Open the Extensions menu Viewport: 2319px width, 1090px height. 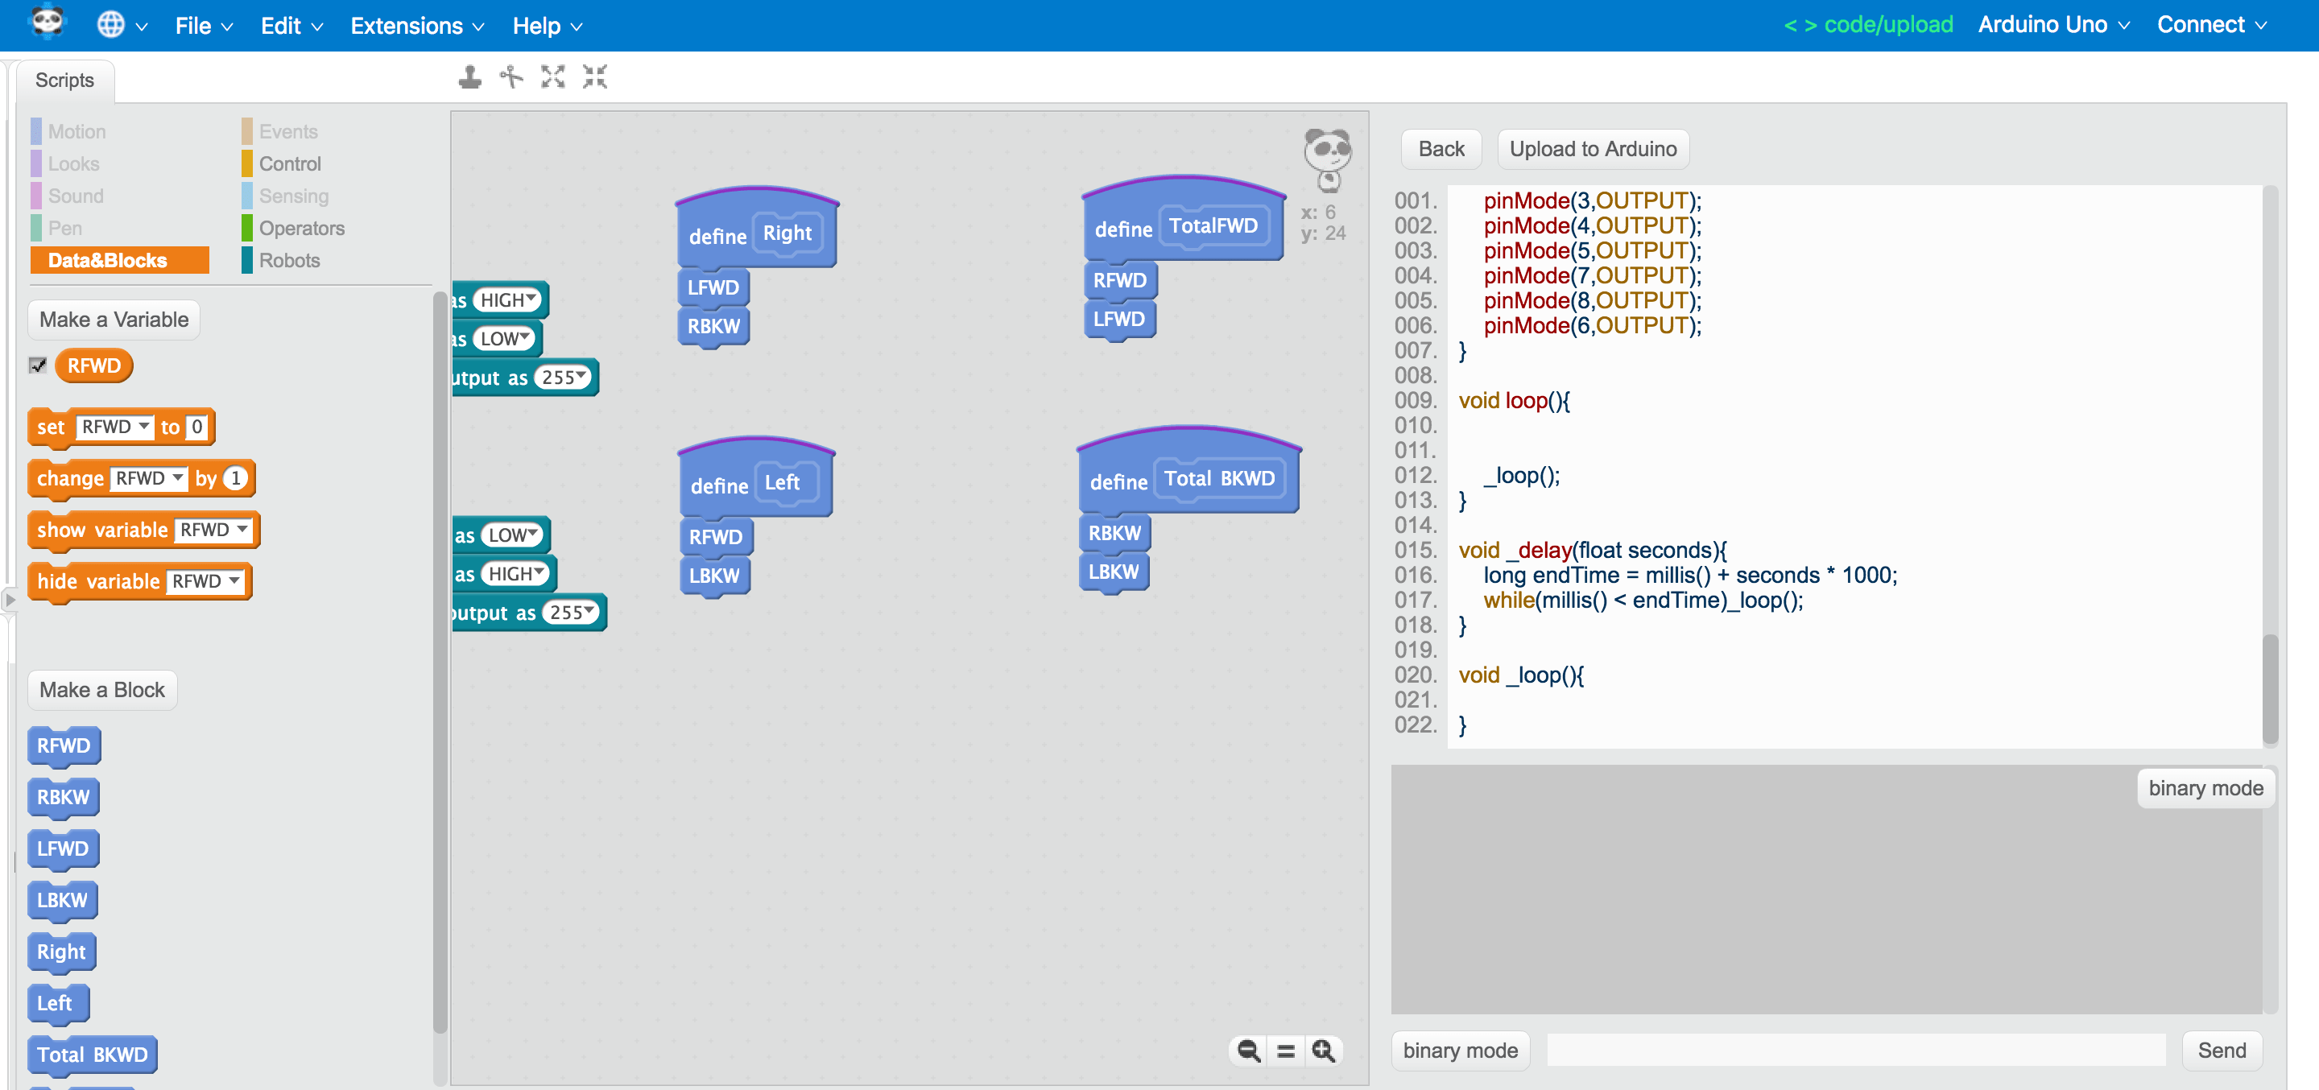416,26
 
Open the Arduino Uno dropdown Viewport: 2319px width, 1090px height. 2052,25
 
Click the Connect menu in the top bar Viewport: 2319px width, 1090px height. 2210,25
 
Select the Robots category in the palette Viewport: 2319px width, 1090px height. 288,260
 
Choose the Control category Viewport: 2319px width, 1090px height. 289,163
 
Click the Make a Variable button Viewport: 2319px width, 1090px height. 114,320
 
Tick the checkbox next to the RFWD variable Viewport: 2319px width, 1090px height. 38,365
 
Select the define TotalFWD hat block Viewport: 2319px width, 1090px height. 1122,229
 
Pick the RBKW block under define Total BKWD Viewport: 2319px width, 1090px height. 1114,533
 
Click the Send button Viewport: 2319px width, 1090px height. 2221,1051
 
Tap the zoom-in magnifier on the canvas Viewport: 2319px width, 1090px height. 1322,1051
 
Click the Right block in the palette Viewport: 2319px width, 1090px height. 61,952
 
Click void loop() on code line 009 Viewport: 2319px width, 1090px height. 1513,401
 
